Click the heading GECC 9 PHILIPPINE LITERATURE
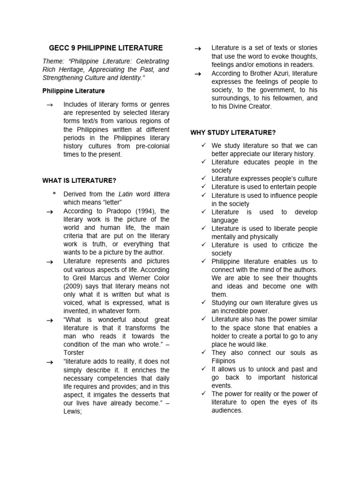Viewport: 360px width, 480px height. pos(106,48)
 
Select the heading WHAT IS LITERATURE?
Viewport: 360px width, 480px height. pos(79,180)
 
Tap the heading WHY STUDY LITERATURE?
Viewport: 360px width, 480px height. pos(233,133)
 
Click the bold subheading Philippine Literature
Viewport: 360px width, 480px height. pos(74,90)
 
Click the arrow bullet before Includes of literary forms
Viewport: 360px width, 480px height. pos(49,105)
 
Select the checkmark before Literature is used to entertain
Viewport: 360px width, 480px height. pos(203,187)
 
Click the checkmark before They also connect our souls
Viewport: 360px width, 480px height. pos(203,352)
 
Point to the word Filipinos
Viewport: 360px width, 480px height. pos(224,361)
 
